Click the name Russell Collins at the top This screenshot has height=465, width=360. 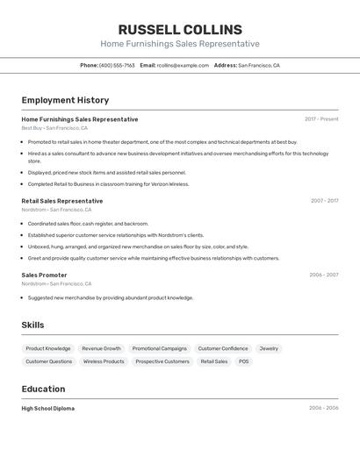click(x=180, y=30)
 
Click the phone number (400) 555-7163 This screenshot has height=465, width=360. click(x=117, y=66)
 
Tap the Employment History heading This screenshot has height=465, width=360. click(x=65, y=100)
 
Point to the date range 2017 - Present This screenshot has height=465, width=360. click(x=321, y=119)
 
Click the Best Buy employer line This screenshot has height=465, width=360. click(x=54, y=128)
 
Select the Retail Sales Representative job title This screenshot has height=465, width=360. click(x=61, y=201)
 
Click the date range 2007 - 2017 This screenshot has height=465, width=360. click(x=324, y=201)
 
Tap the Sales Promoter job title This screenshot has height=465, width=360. click(x=44, y=275)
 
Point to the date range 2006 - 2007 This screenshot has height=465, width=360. click(x=323, y=275)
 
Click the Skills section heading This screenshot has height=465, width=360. click(x=32, y=325)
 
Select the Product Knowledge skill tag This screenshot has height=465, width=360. click(x=48, y=348)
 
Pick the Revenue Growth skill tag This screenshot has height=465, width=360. click(x=102, y=348)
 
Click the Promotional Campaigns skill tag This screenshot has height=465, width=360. click(x=160, y=348)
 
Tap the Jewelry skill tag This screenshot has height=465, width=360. click(x=269, y=348)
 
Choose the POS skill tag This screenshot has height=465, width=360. click(x=243, y=361)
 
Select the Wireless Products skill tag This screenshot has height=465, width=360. click(x=104, y=361)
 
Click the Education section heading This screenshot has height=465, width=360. click(x=43, y=389)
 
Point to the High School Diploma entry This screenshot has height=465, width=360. click(x=47, y=408)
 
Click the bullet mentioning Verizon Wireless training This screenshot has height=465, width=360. click(x=108, y=184)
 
